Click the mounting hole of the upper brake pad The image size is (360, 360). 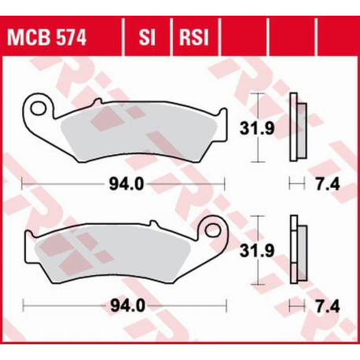click(x=37, y=105)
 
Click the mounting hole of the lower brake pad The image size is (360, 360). click(x=211, y=230)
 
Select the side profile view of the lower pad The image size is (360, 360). click(x=295, y=250)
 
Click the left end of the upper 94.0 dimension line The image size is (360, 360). click(x=23, y=185)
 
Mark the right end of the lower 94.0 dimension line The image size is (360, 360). click(x=224, y=304)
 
